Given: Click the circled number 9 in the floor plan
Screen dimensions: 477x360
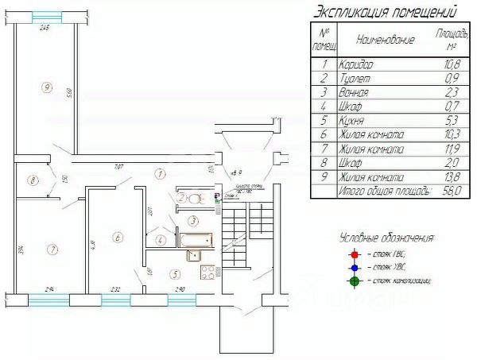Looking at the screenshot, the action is point(48,87).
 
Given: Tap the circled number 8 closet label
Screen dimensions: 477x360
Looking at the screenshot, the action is point(33,180).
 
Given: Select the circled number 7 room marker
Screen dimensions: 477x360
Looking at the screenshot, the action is point(52,250).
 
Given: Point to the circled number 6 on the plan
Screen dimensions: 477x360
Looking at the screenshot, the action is point(117,236).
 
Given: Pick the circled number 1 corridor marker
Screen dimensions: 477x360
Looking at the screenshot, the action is point(160,172).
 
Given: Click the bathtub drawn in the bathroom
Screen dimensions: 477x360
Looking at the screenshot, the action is point(194,238).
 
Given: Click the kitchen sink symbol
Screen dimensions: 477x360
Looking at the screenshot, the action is point(194,255).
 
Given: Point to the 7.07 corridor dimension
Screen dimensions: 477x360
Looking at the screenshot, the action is point(118,166).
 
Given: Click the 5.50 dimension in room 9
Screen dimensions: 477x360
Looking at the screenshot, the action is point(71,93).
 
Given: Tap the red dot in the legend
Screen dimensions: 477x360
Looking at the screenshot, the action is point(355,254).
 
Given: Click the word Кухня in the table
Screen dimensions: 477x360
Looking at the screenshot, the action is point(351,121).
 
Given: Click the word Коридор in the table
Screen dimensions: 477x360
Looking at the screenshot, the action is point(355,64).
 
